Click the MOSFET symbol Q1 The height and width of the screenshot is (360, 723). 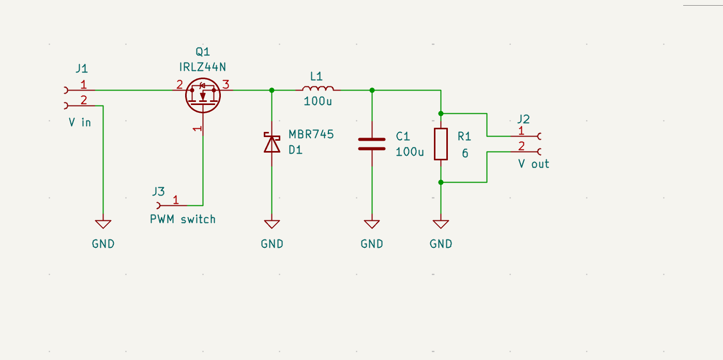click(203, 95)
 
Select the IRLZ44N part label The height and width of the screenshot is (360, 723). click(202, 67)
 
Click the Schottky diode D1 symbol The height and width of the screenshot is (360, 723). click(272, 143)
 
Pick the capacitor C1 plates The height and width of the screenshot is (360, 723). click(372, 144)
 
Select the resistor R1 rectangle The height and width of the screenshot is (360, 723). click(441, 144)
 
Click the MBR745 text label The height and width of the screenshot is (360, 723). click(311, 134)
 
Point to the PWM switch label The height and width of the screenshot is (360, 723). click(183, 219)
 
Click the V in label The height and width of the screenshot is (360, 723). click(80, 123)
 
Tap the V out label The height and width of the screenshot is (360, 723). click(533, 164)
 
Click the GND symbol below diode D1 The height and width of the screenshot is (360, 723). click(272, 224)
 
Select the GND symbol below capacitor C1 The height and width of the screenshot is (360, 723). click(372, 224)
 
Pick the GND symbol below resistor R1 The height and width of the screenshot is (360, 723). click(441, 224)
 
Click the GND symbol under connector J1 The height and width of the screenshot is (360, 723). click(103, 224)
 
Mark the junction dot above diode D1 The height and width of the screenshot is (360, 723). click(272, 90)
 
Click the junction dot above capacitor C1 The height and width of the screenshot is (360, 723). click(372, 90)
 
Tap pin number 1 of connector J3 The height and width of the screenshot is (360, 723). click(176, 199)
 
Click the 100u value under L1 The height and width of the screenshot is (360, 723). click(318, 101)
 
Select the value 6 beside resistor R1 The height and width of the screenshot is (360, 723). click(465, 154)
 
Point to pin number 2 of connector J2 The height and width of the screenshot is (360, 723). click(521, 146)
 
